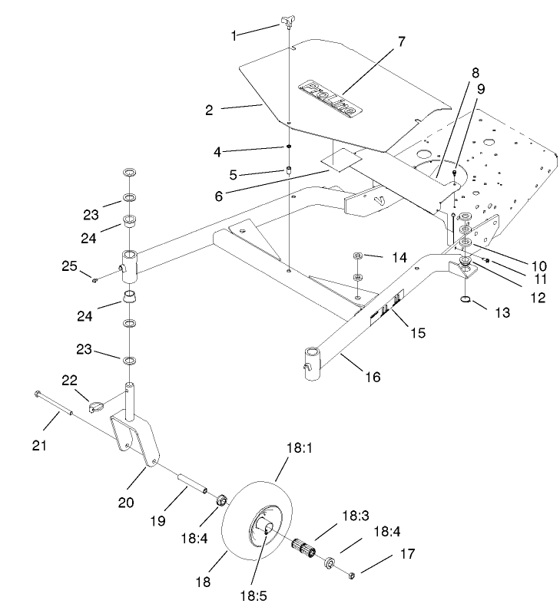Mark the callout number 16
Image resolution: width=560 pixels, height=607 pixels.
pyautogui.click(x=372, y=377)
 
